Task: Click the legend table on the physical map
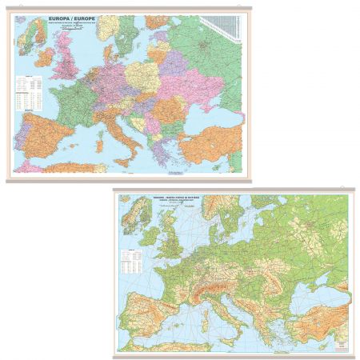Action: click(130, 260)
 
